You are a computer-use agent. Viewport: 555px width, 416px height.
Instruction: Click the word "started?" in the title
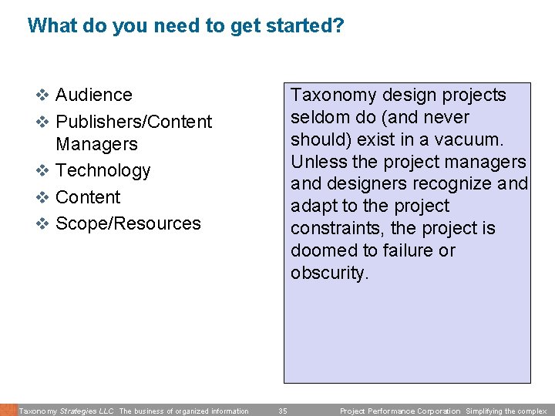point(304,25)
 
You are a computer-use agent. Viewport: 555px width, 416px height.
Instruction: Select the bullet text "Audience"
point(94,95)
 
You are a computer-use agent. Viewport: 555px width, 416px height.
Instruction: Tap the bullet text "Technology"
point(103,170)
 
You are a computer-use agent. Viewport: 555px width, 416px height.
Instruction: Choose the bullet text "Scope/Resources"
point(128,223)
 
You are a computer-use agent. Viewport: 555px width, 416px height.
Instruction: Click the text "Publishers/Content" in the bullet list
point(133,122)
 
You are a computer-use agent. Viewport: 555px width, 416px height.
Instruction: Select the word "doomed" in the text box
point(320,250)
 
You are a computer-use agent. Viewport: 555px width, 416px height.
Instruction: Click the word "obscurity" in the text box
point(328,273)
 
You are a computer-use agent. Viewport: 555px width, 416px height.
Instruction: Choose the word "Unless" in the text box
point(315,162)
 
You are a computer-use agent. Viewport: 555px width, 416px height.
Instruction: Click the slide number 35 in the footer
point(282,411)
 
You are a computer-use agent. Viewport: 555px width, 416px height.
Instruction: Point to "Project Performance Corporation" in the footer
point(399,411)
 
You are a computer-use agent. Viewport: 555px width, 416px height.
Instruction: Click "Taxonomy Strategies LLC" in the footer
point(66,411)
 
